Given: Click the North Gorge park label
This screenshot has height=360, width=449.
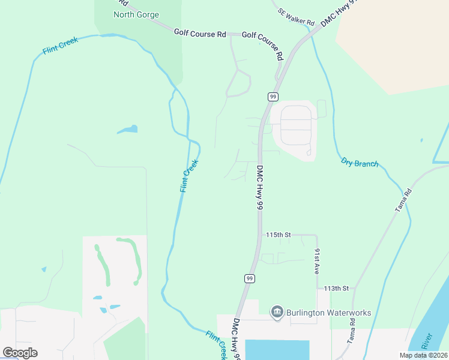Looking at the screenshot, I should [136, 14].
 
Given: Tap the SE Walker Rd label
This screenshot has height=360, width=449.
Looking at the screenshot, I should [297, 17].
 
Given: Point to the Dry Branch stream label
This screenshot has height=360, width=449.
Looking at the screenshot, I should [360, 162].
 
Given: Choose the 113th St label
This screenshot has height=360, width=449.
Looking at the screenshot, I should [336, 289].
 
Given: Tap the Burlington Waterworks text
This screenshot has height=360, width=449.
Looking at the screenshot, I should [328, 313].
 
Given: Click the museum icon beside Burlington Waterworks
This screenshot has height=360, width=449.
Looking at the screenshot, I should [277, 313].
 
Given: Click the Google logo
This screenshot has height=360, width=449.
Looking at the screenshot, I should [20, 353].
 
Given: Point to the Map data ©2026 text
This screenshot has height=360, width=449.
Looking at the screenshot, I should [423, 355].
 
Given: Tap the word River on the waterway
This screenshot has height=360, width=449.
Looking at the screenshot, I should [427, 341].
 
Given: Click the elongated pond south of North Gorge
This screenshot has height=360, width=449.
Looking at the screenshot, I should [127, 129].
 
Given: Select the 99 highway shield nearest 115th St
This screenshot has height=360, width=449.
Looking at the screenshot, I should [249, 278].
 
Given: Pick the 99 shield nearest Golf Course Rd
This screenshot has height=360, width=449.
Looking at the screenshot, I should [273, 97].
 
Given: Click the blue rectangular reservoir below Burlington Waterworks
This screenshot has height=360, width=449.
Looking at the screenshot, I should [277, 349].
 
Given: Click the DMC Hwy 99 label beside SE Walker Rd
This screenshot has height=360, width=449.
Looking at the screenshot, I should [339, 12].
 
